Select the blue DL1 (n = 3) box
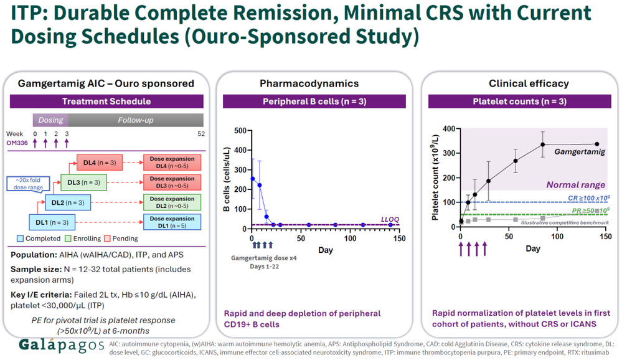click(x=52, y=222)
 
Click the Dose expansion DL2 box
click(x=172, y=202)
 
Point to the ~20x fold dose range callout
click(x=28, y=184)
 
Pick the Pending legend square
click(x=107, y=239)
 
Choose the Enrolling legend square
click(x=68, y=239)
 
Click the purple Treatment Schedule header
click(x=106, y=102)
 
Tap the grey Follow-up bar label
click(x=136, y=120)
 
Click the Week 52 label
click(x=201, y=134)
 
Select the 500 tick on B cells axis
click(x=240, y=131)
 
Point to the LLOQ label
click(x=390, y=219)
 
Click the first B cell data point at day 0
click(x=253, y=179)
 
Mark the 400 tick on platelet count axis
click(x=449, y=128)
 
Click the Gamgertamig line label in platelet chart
click(x=580, y=151)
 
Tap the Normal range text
click(x=575, y=184)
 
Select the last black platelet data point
click(x=597, y=144)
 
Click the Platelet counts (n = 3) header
click(x=520, y=102)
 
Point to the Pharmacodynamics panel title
click(x=309, y=83)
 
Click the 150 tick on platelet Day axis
click(x=606, y=237)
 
